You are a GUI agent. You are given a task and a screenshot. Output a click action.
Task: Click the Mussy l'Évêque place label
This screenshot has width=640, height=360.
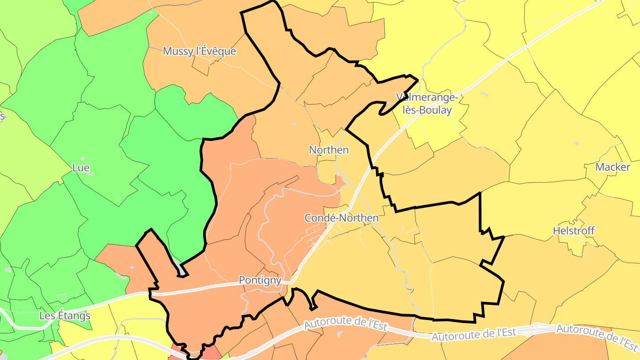click(199, 51)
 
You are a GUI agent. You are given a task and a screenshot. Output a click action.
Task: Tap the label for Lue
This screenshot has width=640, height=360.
click(80, 168)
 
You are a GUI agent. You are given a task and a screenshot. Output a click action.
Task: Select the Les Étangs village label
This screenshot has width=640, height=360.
click(65, 316)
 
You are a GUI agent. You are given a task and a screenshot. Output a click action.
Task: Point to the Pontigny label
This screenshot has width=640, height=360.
click(260, 280)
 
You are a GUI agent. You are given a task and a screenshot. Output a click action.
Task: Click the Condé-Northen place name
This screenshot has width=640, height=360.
click(341, 218)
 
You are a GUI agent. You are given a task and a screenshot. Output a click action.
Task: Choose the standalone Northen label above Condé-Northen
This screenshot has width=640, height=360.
click(329, 150)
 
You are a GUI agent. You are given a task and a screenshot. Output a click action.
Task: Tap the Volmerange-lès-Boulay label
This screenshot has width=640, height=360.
click(427, 104)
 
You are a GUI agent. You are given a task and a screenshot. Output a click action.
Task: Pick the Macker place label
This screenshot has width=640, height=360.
click(612, 167)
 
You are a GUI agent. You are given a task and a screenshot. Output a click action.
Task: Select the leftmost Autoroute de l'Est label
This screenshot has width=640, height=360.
click(346, 323)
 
